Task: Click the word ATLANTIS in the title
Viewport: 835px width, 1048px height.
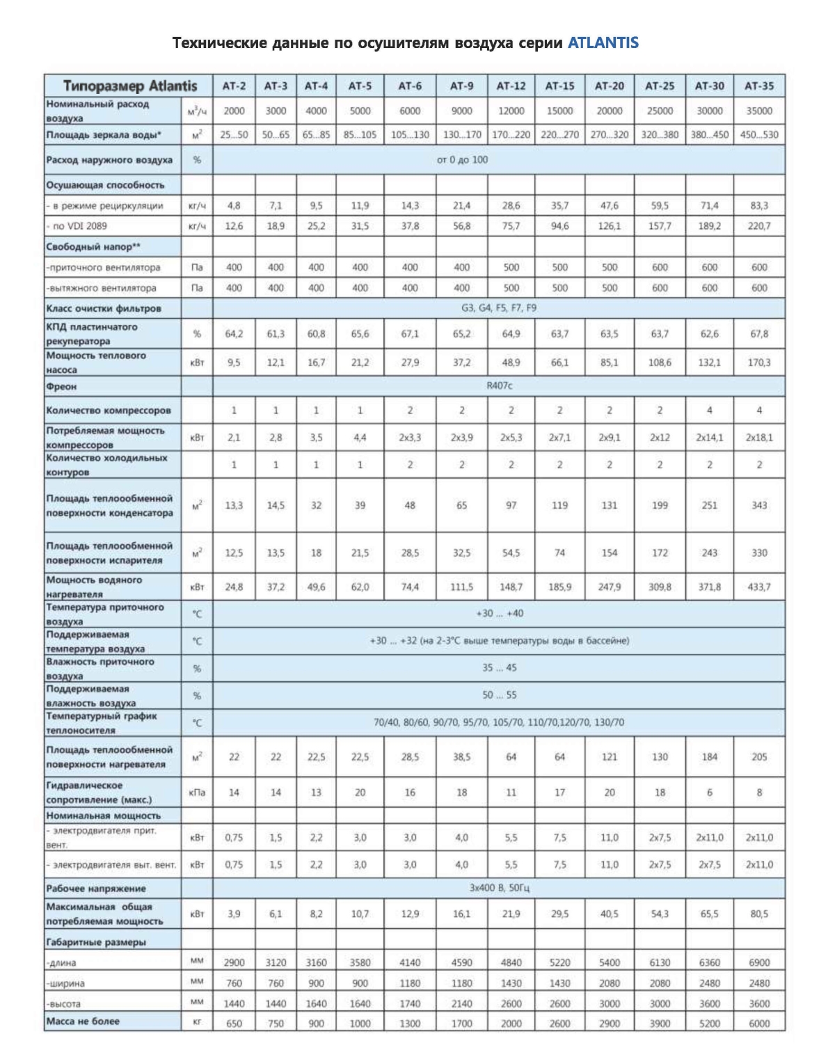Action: pos(603,43)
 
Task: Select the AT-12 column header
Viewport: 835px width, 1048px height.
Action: pos(511,86)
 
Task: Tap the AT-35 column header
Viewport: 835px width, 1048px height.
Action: pos(758,86)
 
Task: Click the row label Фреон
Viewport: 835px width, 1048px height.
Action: pos(61,387)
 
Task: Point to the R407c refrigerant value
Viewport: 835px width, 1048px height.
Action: pos(499,386)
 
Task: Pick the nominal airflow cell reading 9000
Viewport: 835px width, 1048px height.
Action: pos(461,111)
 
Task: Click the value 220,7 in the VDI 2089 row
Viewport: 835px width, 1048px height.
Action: pos(758,226)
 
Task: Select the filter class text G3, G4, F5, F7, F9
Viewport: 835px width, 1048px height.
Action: pos(499,308)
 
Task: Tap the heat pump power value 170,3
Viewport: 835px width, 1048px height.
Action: pos(758,363)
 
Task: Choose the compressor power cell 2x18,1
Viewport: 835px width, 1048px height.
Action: pos(758,438)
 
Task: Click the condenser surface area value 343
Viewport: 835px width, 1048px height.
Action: pos(758,506)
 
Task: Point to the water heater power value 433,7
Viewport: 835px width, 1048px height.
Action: pos(758,587)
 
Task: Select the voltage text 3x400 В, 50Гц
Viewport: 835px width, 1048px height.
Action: pos(499,888)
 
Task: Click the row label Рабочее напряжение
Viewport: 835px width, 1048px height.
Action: pos(96,889)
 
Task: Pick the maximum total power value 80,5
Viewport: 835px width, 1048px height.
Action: pos(758,914)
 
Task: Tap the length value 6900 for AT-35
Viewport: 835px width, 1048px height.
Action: pos(758,962)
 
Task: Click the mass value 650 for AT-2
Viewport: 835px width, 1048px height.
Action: pos(234,1024)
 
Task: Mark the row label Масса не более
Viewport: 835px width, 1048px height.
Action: pos(83,1022)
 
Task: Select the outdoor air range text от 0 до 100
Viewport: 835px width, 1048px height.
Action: pos(462,160)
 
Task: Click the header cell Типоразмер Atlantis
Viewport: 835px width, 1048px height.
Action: pos(130,86)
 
